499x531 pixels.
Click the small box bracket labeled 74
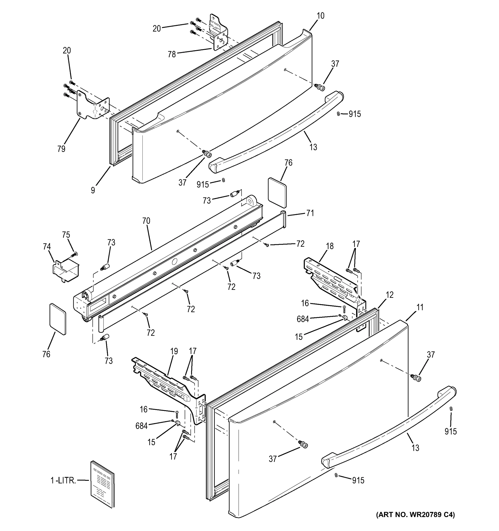coord(65,270)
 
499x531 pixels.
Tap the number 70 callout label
coord(146,221)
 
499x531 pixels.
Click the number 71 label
coord(310,213)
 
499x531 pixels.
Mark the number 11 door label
coord(420,308)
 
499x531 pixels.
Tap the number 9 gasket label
coord(93,190)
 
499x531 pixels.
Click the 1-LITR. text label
coord(63,481)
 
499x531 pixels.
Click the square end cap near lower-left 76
coord(58,319)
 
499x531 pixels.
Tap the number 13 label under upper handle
coord(313,147)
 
